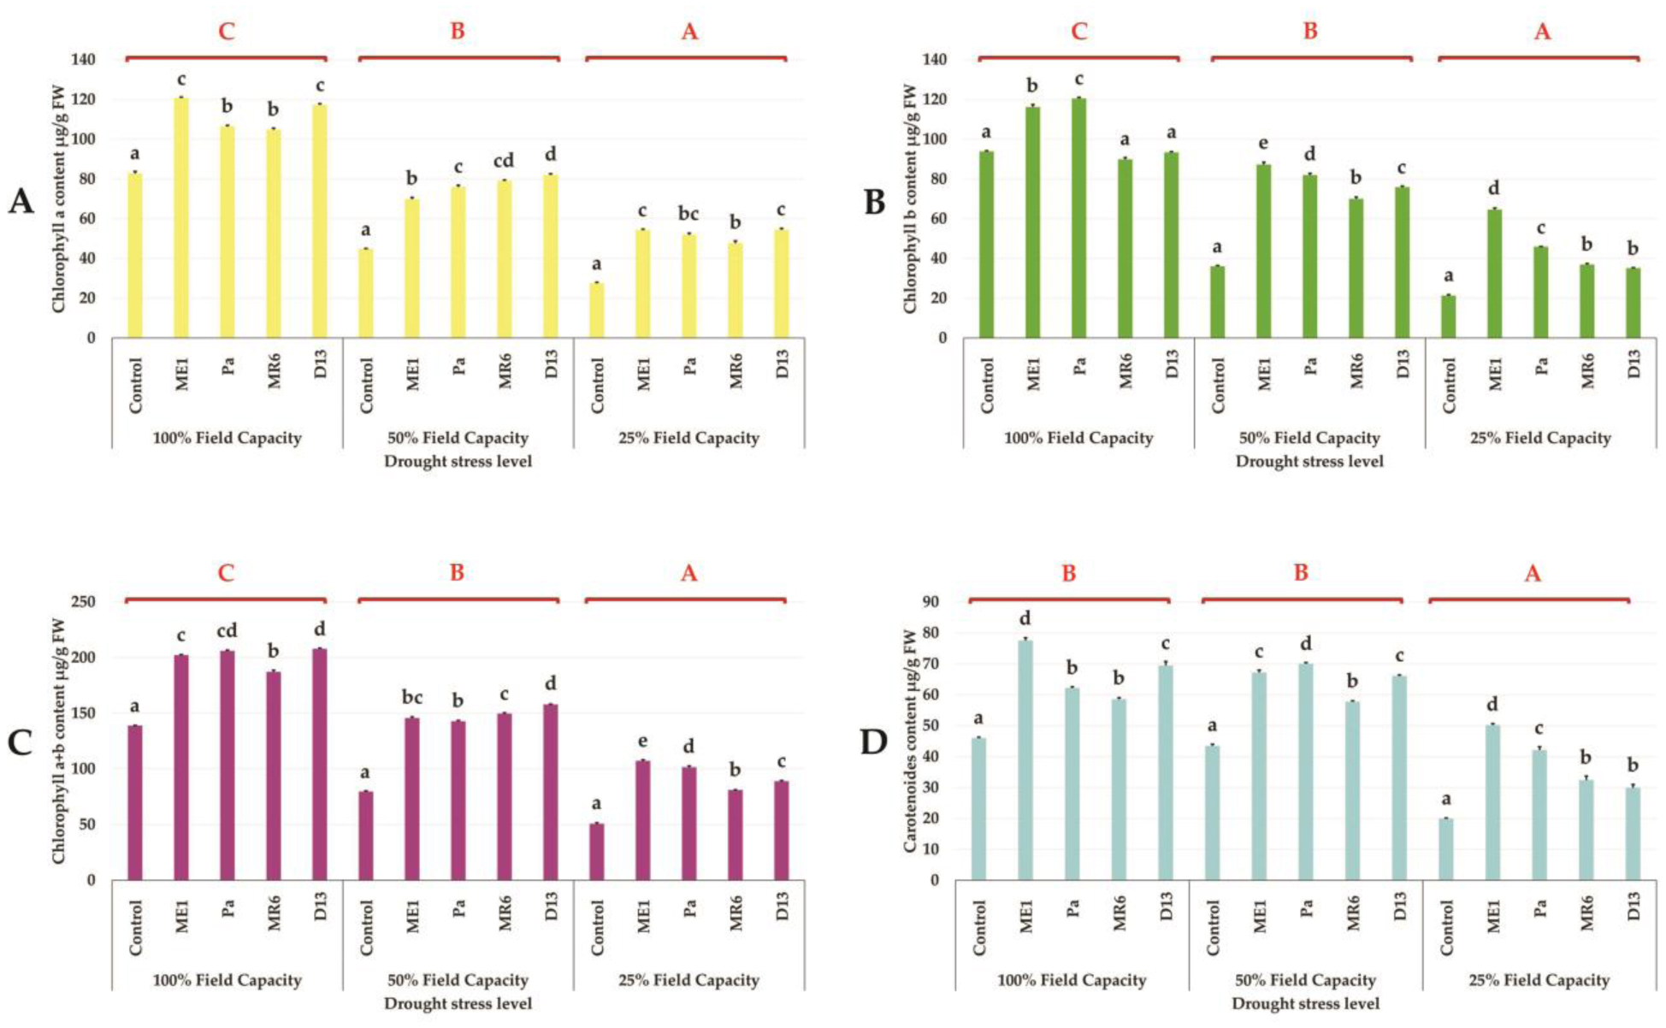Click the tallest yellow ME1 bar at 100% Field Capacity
coord(180,218)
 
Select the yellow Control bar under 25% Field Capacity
coord(597,310)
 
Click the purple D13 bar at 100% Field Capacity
coord(319,764)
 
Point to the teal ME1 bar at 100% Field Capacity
coord(1025,759)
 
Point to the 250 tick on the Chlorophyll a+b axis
coord(84,602)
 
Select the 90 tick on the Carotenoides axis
coord(930,602)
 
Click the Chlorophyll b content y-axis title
coord(909,198)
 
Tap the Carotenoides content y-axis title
coord(909,741)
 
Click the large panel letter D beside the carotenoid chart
coord(873,742)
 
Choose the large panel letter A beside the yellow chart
coord(21,202)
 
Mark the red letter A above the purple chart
coord(688,573)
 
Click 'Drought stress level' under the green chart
coord(1309,461)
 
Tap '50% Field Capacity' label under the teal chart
coord(1305,980)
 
